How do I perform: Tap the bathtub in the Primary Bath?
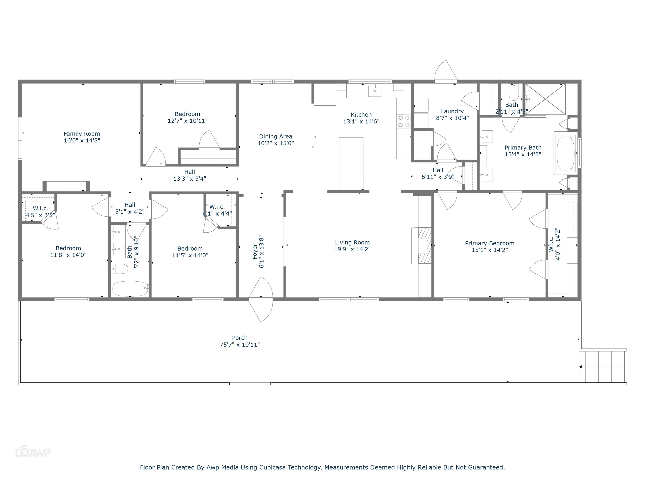[565, 153]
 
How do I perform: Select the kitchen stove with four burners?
[404, 121]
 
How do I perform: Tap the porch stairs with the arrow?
[602, 367]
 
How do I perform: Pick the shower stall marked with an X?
[545, 99]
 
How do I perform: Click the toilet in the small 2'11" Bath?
[513, 93]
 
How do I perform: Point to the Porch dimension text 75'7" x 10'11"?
[240, 345]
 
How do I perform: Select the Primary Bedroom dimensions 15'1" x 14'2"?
[490, 250]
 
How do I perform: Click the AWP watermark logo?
[33, 452]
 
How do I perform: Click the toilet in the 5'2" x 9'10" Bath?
[120, 269]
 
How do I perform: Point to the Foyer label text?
[255, 251]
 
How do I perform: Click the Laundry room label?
[452, 111]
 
